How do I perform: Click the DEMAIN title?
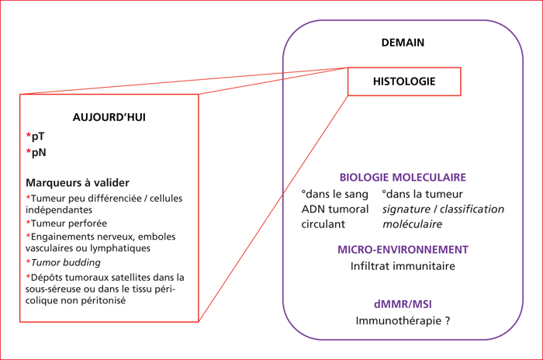[x=403, y=43]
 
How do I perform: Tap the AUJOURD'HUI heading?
[x=109, y=117]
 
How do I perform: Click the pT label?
[x=38, y=137]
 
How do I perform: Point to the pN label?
[x=39, y=152]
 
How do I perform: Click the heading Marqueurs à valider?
[x=78, y=182]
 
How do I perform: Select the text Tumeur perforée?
[x=69, y=223]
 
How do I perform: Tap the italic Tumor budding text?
[x=66, y=263]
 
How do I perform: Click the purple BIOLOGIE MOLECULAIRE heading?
[x=403, y=178]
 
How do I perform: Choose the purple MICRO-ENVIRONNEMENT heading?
[x=403, y=250]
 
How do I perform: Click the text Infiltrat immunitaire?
[x=403, y=266]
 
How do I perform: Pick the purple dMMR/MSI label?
[x=403, y=304]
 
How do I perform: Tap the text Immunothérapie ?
[x=403, y=321]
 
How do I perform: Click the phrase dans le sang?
[x=337, y=194]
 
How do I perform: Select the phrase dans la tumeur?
[x=424, y=194]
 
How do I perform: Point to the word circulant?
[x=323, y=224]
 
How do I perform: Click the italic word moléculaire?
[x=412, y=224]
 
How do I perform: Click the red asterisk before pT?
[x=29, y=134]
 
